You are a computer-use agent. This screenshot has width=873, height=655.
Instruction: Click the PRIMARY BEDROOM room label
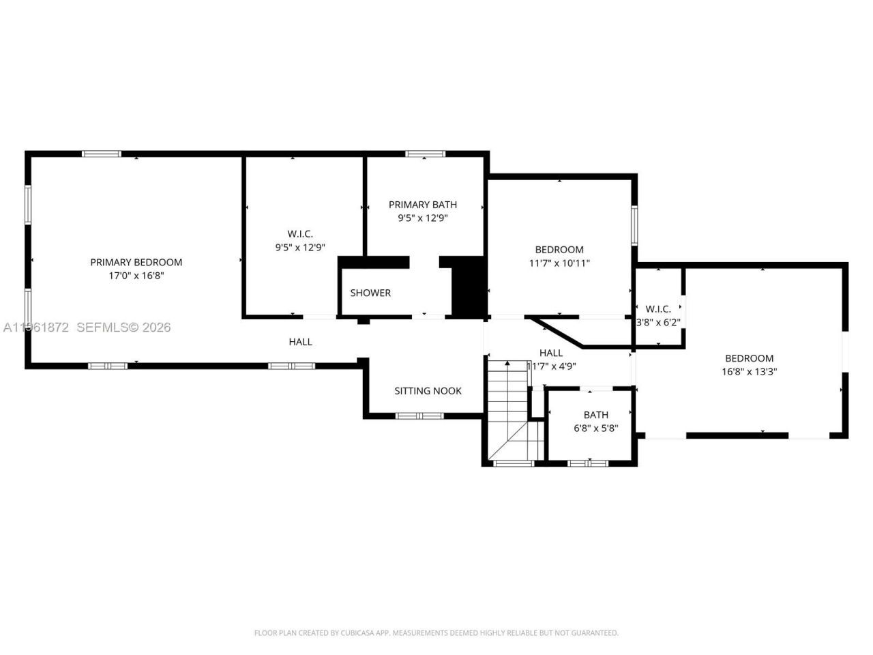pyautogui.click(x=136, y=262)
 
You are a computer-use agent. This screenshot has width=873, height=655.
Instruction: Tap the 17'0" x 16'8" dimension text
pyautogui.click(x=136, y=276)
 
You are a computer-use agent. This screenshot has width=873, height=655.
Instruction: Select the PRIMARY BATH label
pyautogui.click(x=423, y=205)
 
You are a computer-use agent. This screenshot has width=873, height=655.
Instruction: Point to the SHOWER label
pyautogui.click(x=370, y=293)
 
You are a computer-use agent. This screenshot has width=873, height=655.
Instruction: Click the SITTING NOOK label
pyautogui.click(x=428, y=391)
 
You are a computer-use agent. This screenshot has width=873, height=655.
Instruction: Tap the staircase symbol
pyautogui.click(x=508, y=409)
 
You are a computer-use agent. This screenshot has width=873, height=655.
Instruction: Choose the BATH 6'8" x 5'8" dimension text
pyautogui.click(x=595, y=428)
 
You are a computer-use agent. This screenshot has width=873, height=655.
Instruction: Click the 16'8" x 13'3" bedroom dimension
pyautogui.click(x=749, y=372)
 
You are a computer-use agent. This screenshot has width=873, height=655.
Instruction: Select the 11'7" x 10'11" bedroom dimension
pyautogui.click(x=559, y=263)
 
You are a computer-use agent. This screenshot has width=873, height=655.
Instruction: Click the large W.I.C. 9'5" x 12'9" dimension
pyautogui.click(x=300, y=248)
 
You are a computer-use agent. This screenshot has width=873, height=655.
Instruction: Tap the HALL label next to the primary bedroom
pyautogui.click(x=300, y=342)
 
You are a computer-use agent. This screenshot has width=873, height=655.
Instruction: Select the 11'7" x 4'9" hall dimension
pyautogui.click(x=551, y=366)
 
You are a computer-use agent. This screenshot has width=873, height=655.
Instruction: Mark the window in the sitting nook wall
pyautogui.click(x=420, y=416)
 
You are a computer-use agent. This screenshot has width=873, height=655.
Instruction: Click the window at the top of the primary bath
pyautogui.click(x=425, y=154)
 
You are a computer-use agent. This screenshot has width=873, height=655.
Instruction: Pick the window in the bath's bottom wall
pyautogui.click(x=588, y=463)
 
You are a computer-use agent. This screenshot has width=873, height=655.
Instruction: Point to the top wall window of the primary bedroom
pyautogui.click(x=102, y=154)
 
